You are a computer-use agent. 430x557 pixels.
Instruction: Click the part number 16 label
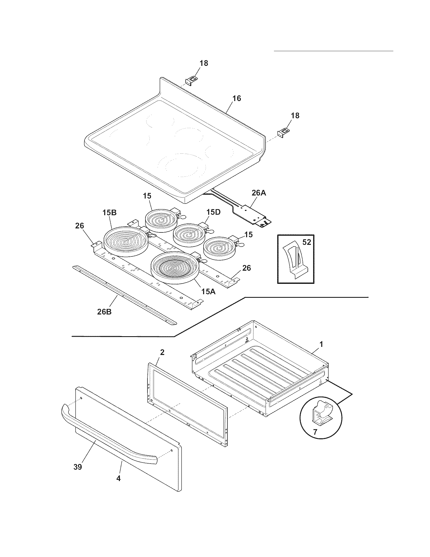pos(237,98)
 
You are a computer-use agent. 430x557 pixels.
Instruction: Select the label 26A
pos(259,193)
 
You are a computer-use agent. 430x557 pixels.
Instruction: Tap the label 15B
pos(110,213)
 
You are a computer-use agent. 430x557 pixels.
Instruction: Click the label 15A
pos(208,291)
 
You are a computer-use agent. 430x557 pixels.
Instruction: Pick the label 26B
pos(104,312)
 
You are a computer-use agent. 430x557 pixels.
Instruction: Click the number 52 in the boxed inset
pos(307,242)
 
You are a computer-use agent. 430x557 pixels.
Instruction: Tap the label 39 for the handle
pos(78,467)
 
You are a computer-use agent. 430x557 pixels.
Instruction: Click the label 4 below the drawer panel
pos(118,478)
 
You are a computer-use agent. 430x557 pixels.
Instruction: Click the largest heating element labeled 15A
pos(175,268)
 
